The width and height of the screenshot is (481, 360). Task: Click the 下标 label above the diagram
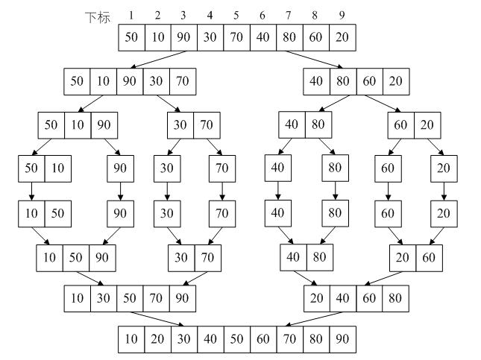click(97, 16)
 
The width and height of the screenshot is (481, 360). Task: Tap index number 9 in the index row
click(342, 15)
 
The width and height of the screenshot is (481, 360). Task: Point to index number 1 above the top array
click(131, 15)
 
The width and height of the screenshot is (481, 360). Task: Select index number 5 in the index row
click(236, 15)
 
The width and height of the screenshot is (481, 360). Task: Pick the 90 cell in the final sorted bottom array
click(342, 340)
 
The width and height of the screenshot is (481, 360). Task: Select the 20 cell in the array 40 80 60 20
click(397, 81)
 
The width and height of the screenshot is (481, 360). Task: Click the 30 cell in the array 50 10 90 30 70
click(156, 81)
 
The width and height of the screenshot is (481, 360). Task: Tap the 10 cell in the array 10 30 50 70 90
click(78, 298)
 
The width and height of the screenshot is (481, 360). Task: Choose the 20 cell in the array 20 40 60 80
click(317, 298)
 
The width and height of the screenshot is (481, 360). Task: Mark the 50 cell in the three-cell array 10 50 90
click(76, 258)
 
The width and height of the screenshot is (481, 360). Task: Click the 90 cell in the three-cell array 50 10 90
click(104, 124)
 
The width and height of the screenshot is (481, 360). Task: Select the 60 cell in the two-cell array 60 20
click(400, 124)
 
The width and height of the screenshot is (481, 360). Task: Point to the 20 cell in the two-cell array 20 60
click(403, 258)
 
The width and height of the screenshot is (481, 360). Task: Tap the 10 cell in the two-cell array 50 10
click(58, 168)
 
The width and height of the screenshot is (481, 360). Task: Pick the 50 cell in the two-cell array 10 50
click(58, 214)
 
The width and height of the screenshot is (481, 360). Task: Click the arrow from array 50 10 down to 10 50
click(32, 192)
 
